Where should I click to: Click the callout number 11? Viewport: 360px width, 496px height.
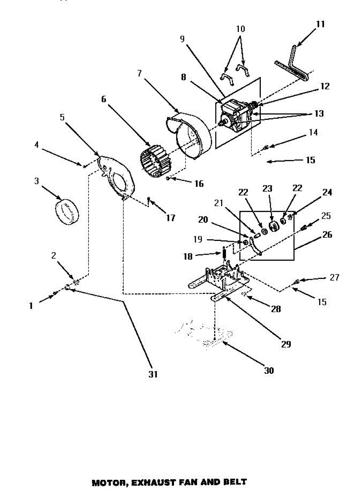(320, 24)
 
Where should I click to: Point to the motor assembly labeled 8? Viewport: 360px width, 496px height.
(236, 116)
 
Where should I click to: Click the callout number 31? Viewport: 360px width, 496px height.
(153, 374)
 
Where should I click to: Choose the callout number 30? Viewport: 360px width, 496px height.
(269, 370)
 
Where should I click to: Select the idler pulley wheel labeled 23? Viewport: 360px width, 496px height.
(272, 227)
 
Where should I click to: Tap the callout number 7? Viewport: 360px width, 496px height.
(139, 74)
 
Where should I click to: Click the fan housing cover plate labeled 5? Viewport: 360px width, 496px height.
(118, 176)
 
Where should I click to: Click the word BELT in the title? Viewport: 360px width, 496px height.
(236, 482)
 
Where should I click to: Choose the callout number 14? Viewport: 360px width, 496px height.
(313, 133)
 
